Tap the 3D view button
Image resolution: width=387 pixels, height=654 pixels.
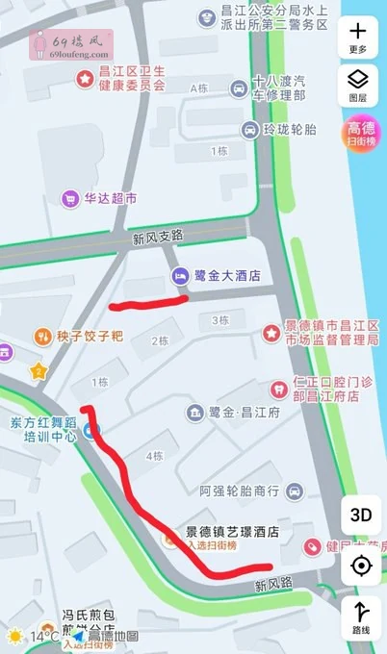360,514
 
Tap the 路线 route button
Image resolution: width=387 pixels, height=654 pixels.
361,616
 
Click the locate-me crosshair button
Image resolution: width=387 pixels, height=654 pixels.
361,566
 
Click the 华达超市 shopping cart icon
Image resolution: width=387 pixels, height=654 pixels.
69,199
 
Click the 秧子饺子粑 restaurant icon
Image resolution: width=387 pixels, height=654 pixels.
42,337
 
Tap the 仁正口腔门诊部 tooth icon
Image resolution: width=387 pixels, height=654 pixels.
278,389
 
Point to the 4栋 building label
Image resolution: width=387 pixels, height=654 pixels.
154,455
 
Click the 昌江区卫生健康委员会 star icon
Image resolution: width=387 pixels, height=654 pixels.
85,77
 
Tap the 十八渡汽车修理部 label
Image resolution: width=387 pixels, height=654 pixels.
278,89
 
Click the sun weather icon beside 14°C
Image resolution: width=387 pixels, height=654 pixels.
15,636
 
